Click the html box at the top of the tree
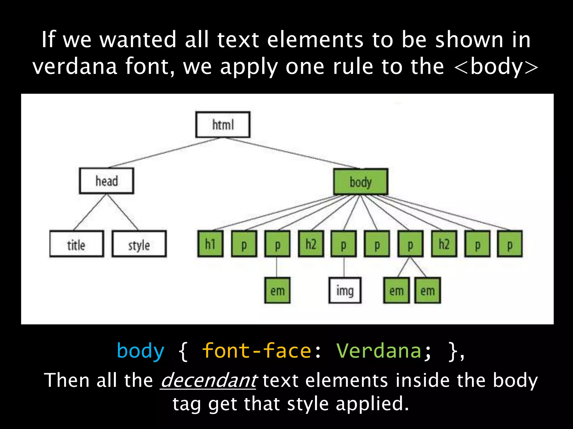tap(223, 125)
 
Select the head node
tap(106, 181)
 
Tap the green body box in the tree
tap(360, 182)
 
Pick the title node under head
tap(76, 244)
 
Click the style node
tap(139, 244)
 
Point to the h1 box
tap(210, 244)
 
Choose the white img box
tap(345, 290)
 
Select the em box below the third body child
tap(277, 290)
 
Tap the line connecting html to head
tap(165, 152)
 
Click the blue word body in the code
tap(140, 351)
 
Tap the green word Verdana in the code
tap(379, 351)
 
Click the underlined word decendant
tap(209, 380)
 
